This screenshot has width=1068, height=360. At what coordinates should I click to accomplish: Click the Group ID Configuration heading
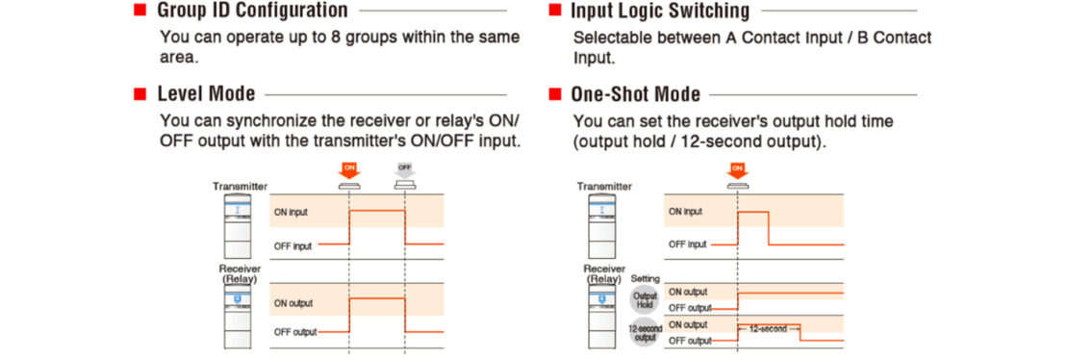[253, 12]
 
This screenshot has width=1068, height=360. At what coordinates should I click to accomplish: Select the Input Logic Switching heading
[660, 12]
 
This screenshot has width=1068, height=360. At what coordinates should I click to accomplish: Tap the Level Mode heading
[207, 94]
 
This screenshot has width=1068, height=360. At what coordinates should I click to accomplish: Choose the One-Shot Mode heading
[635, 94]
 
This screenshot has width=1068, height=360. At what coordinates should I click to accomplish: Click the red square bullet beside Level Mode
[139, 94]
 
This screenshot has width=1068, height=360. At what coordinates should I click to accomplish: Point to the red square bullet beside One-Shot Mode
[554, 94]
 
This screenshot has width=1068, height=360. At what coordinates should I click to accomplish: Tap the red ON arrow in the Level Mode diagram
[349, 170]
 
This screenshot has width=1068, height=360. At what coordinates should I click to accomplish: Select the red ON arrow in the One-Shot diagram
[737, 170]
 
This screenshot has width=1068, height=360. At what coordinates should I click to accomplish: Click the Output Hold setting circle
[645, 299]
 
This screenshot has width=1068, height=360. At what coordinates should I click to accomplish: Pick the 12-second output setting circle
[645, 332]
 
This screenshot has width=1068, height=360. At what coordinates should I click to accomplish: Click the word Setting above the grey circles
[645, 279]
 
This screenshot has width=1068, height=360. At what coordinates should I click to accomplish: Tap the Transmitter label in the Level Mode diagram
[240, 186]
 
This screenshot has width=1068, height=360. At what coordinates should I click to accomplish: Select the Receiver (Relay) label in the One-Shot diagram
[604, 273]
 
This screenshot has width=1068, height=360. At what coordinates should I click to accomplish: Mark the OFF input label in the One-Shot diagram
[688, 244]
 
